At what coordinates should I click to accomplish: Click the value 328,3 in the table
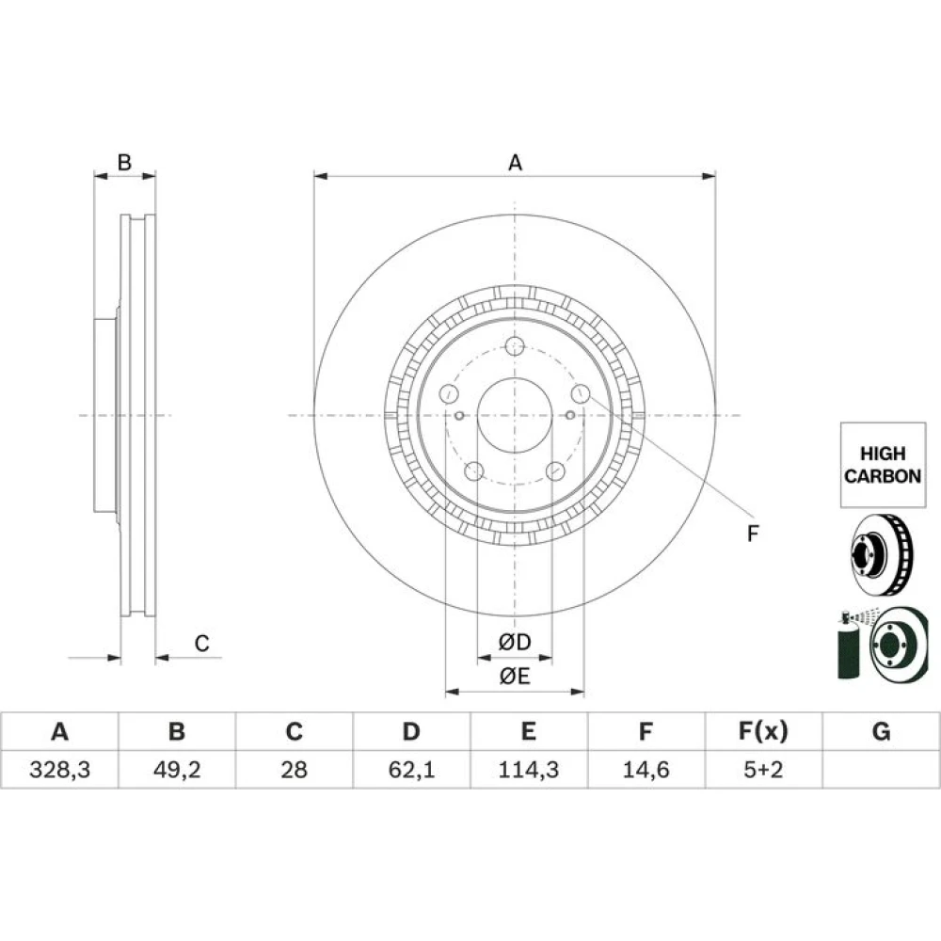pyautogui.click(x=59, y=770)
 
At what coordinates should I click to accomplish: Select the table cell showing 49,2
pyautogui.click(x=177, y=770)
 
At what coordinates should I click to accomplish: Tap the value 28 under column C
pyautogui.click(x=294, y=770)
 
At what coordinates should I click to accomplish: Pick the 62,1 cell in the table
pyautogui.click(x=411, y=770)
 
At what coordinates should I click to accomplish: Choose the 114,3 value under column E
pyautogui.click(x=528, y=770)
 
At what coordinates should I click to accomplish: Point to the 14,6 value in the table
pyautogui.click(x=646, y=770)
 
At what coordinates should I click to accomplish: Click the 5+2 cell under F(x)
pyautogui.click(x=763, y=770)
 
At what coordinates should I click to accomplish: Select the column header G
pyautogui.click(x=881, y=731)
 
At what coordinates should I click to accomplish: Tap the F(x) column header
pyautogui.click(x=763, y=731)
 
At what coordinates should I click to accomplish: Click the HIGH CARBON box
pyautogui.click(x=883, y=465)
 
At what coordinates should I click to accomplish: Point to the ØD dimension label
pyautogui.click(x=515, y=642)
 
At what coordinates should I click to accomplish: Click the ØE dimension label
pyautogui.click(x=515, y=677)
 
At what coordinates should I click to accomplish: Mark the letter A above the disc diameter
pyautogui.click(x=515, y=163)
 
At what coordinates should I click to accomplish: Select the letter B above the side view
pyautogui.click(x=124, y=162)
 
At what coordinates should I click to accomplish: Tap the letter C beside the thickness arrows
pyautogui.click(x=201, y=644)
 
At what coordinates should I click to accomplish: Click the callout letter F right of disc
pyautogui.click(x=753, y=533)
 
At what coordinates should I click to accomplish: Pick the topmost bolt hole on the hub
pyautogui.click(x=515, y=346)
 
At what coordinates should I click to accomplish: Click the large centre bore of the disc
pyautogui.click(x=515, y=415)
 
